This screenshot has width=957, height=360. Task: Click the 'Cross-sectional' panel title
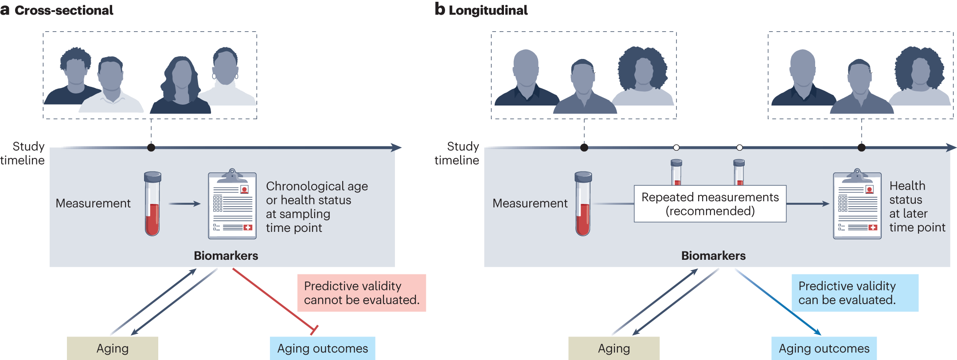pyautogui.click(x=63, y=10)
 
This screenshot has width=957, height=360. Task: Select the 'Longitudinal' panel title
pyautogui.click(x=488, y=10)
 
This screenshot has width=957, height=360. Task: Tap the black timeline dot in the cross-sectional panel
pyautogui.click(x=151, y=148)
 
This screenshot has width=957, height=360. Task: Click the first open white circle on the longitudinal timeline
pyautogui.click(x=676, y=148)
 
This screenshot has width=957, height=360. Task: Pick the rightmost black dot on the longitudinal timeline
pyautogui.click(x=861, y=148)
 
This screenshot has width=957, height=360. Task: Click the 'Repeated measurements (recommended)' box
pyautogui.click(x=710, y=204)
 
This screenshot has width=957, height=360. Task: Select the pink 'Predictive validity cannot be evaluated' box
pyautogui.click(x=361, y=293)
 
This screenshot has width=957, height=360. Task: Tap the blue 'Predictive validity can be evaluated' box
pyautogui.click(x=855, y=293)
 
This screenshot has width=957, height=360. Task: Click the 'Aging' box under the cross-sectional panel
pyautogui.click(x=112, y=348)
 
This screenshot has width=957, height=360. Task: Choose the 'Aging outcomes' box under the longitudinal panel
pyautogui.click(x=824, y=348)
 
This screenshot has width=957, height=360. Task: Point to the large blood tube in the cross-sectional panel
pyautogui.click(x=152, y=204)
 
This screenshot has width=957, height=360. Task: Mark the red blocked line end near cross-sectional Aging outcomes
pyautogui.click(x=314, y=330)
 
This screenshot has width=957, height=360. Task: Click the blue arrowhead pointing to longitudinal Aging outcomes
pyautogui.click(x=818, y=332)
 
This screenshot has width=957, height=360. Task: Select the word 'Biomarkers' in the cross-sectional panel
pyautogui.click(x=226, y=256)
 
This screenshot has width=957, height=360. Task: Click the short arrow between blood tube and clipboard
pyautogui.click(x=184, y=204)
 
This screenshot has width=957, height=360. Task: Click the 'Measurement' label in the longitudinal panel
pyautogui.click(x=530, y=203)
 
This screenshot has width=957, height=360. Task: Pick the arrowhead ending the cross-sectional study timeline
pyautogui.click(x=397, y=148)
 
